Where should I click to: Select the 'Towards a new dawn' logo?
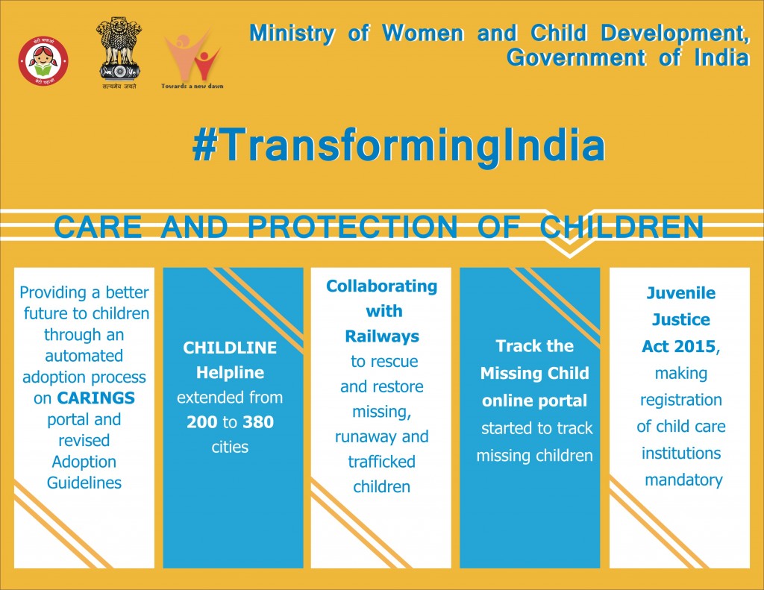(192, 60)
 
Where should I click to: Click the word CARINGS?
(95, 398)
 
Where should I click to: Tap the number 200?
(201, 422)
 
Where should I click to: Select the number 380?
(258, 422)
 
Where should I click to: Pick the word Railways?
(381, 336)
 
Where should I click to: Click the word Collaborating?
(381, 286)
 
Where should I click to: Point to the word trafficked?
(381, 462)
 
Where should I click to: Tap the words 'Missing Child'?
(534, 373)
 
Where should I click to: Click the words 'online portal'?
(534, 401)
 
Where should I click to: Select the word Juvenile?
(680, 292)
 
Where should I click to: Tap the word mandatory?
(683, 480)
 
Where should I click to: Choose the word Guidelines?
(84, 483)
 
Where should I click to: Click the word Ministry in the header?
(292, 33)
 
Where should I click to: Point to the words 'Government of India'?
(627, 58)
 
